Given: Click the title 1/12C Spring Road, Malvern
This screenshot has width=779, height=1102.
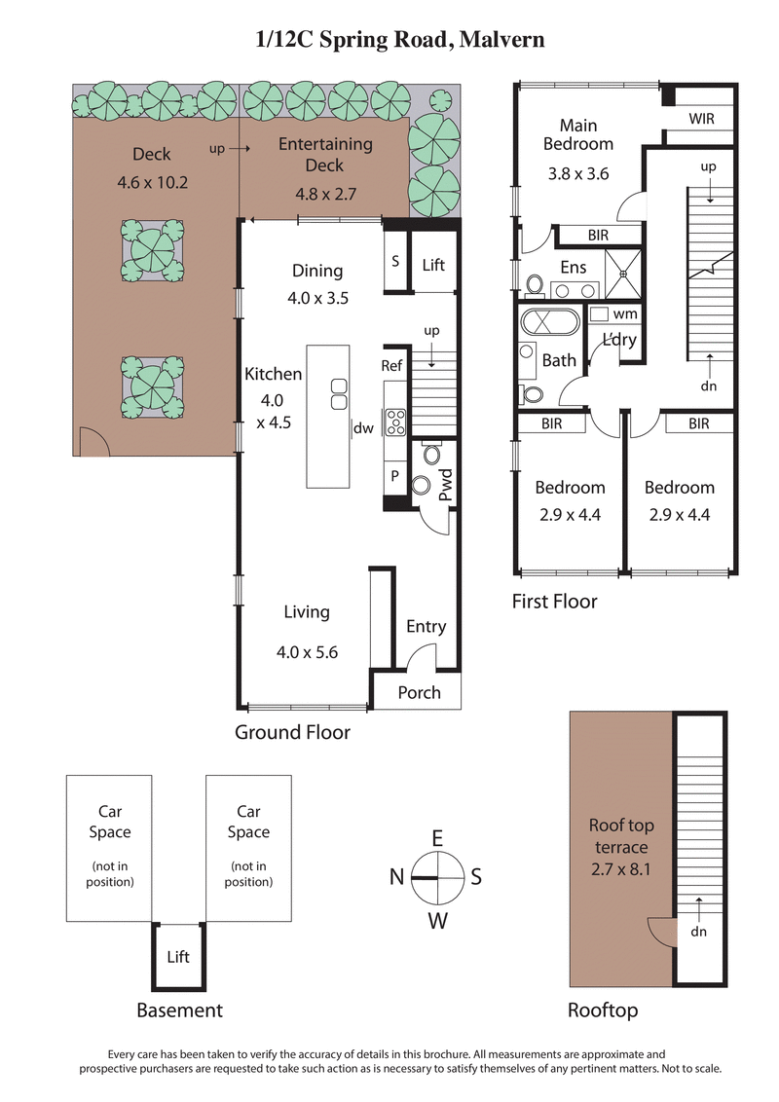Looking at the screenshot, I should (399, 40).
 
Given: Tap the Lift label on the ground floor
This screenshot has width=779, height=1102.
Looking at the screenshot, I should (433, 264).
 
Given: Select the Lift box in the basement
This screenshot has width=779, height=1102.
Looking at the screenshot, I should (177, 957).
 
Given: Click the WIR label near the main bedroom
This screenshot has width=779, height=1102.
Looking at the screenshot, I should (701, 119).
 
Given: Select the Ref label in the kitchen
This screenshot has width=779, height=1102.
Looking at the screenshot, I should (392, 365).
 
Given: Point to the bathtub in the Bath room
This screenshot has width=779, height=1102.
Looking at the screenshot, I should (549, 323).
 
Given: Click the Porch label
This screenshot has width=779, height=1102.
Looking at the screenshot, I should (420, 692).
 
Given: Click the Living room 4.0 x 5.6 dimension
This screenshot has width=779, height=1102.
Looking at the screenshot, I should (307, 652).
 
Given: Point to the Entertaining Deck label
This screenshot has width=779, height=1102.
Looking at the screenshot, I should (325, 154).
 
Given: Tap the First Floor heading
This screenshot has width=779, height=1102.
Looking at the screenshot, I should (554, 602).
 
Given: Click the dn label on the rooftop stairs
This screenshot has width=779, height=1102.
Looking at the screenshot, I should (699, 931).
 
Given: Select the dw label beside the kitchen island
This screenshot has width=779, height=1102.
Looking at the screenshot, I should (364, 427).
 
